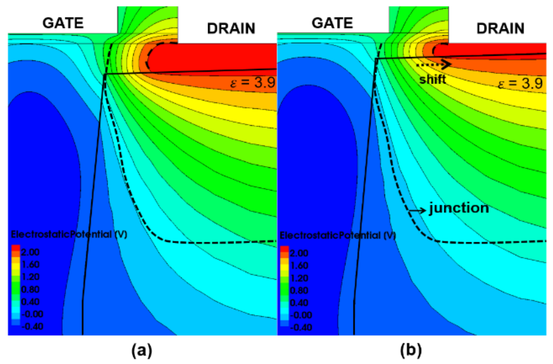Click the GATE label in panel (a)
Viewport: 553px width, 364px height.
[63, 23]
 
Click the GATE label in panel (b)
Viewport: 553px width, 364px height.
[332, 23]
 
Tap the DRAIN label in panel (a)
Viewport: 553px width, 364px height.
[231, 28]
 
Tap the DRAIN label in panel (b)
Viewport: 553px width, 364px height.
[500, 28]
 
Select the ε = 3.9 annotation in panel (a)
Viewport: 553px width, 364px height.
[253, 82]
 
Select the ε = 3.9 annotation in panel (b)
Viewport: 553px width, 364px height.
[520, 83]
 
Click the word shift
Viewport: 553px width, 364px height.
[432, 79]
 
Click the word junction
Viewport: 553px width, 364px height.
[459, 208]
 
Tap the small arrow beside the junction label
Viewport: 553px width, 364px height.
[417, 211]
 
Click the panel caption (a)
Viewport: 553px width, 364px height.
[142, 350]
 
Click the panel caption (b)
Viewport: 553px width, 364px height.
[411, 350]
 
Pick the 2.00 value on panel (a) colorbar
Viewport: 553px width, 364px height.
[30, 252]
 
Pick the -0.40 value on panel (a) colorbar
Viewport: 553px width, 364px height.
[32, 326]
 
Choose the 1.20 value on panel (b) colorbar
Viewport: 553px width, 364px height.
[299, 278]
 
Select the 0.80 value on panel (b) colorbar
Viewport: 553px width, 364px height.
[299, 290]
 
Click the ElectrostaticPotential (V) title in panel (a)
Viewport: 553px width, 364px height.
[69, 234]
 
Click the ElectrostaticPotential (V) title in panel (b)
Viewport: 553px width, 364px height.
[338, 235]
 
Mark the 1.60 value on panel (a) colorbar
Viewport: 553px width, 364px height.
[30, 264]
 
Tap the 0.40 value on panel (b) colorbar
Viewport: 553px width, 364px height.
[299, 303]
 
